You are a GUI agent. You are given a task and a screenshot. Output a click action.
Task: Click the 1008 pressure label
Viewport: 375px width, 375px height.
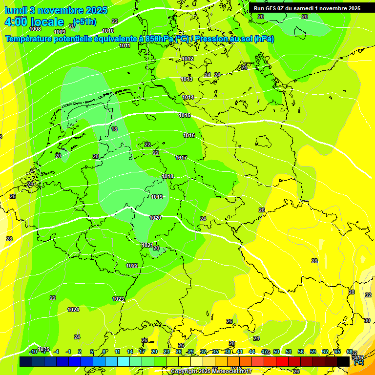35,29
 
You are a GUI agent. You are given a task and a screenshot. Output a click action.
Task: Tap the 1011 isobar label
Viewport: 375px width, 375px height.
125,45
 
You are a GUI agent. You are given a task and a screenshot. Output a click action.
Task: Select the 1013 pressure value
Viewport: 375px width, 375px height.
187,79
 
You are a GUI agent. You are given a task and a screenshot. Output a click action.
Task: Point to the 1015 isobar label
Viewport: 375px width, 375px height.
185,115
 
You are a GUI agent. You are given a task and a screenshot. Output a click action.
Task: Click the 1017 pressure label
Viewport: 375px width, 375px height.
181,158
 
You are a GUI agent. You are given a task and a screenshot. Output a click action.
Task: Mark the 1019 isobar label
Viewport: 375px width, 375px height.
157,197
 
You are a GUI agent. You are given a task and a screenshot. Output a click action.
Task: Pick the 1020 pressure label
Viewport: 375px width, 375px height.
155,218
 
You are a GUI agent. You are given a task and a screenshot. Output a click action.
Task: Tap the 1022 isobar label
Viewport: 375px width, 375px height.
132,266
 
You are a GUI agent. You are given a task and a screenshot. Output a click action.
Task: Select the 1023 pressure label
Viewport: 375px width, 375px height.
118,299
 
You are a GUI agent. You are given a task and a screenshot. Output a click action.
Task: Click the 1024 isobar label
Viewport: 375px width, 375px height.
73,310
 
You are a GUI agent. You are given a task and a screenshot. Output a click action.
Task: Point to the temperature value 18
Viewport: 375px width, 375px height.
114,129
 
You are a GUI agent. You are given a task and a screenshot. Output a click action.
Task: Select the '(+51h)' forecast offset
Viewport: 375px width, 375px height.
84,22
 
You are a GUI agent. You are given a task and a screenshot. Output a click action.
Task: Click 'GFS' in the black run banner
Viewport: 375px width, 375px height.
272,8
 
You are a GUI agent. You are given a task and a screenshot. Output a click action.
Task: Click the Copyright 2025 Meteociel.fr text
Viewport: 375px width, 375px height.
211,372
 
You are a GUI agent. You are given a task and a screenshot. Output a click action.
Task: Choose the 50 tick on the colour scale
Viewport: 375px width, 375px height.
276,352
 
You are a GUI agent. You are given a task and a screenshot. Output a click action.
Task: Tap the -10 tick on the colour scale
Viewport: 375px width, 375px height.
33,352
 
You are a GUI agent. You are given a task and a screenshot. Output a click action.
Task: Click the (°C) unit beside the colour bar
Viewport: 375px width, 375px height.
358,363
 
